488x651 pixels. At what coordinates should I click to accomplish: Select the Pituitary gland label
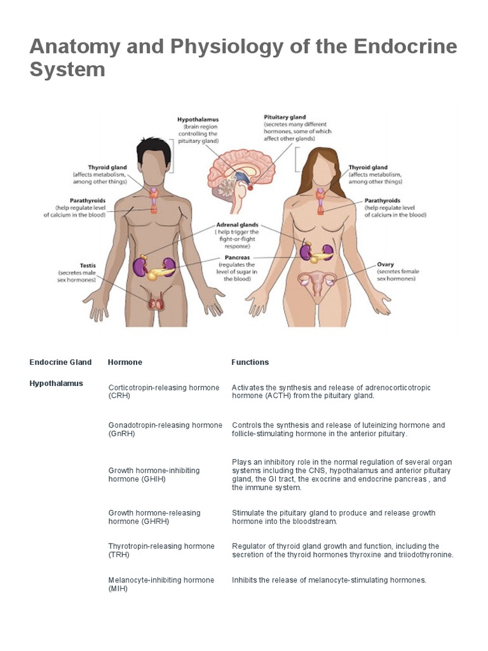(284, 117)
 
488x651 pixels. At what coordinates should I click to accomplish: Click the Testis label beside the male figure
(87, 265)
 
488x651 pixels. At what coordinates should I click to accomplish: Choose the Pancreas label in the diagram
(235, 258)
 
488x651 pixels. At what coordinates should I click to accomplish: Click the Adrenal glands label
(237, 225)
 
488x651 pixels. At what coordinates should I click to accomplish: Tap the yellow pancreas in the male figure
(156, 273)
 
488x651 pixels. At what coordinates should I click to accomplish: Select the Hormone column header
(125, 362)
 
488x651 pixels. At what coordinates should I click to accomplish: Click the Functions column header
(250, 362)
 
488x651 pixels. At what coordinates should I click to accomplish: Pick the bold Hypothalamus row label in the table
(56, 383)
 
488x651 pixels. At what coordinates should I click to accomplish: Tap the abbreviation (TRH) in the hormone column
(118, 554)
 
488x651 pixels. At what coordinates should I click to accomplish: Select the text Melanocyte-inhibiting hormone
(161, 580)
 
